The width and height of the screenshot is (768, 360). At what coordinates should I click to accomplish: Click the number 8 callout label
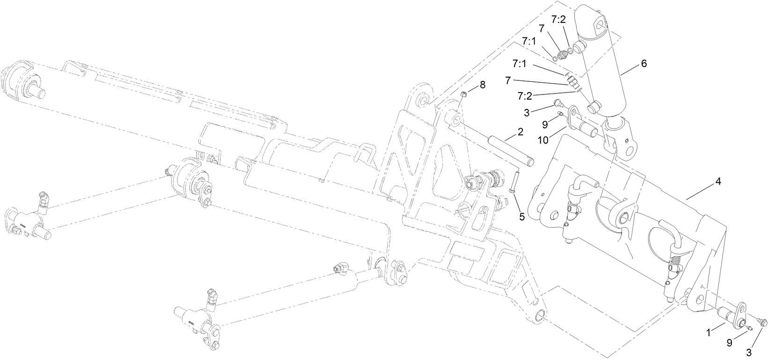[x=483, y=85]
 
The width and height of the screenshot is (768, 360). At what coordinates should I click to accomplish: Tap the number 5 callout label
[x=522, y=216]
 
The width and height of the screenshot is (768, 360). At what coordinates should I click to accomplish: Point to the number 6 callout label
[x=644, y=64]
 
